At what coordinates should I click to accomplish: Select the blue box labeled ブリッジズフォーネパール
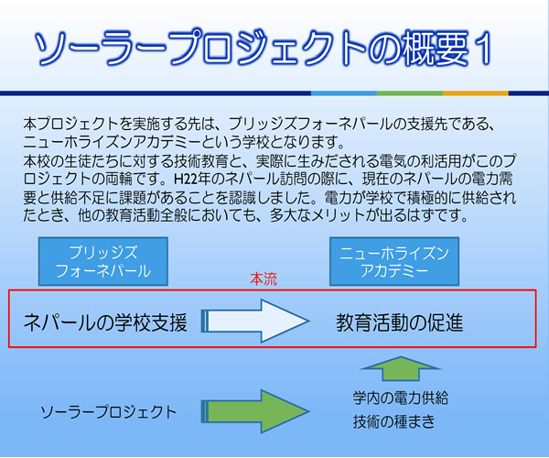103,261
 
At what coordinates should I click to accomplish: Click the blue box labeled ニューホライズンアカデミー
394,261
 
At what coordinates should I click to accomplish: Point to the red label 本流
264,279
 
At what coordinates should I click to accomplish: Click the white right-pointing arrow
255,321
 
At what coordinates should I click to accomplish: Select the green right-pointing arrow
255,411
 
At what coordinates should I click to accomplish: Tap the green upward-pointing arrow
401,368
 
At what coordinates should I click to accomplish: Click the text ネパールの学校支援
105,322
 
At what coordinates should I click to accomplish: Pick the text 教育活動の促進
400,322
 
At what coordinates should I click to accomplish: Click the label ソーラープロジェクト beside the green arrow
109,412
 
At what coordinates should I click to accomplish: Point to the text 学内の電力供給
401,398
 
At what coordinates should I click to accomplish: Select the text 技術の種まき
393,421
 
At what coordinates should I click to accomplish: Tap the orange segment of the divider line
476,93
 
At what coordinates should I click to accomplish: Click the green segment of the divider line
410,93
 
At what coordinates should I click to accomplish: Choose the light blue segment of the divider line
344,93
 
